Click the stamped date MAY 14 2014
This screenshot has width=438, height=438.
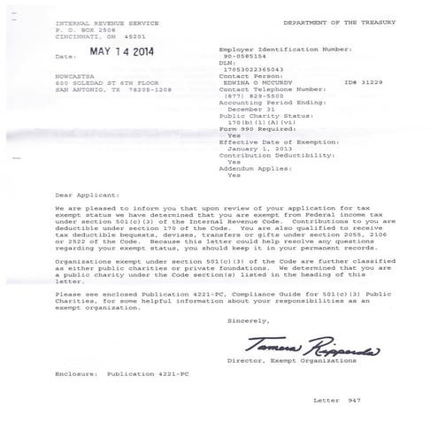(118, 52)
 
